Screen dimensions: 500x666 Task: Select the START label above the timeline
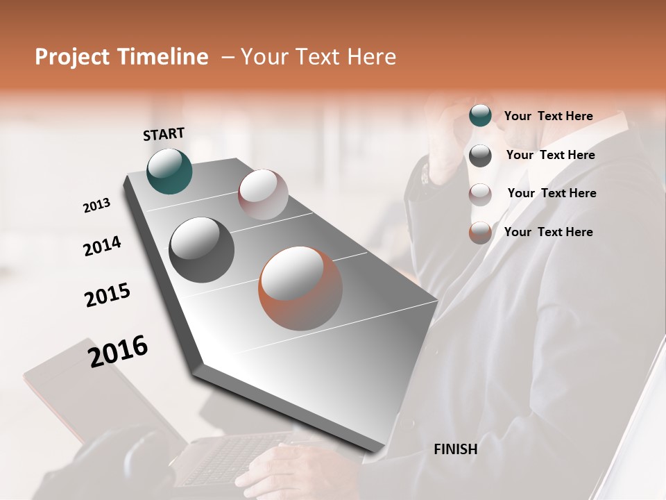point(164,134)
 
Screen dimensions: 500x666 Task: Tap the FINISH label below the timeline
point(455,449)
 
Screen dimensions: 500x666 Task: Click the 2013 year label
point(96,206)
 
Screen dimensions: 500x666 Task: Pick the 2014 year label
point(102,246)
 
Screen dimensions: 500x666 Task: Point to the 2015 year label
point(108,295)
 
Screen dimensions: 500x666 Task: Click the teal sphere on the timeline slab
point(169,171)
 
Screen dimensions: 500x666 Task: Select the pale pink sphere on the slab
point(263,194)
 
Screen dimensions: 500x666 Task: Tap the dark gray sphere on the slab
point(202,250)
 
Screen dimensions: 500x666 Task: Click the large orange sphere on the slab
point(300,289)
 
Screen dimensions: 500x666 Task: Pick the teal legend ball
point(480,116)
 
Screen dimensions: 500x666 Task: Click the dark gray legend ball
point(480,156)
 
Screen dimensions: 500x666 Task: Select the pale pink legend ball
point(480,194)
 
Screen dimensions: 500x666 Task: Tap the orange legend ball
point(480,233)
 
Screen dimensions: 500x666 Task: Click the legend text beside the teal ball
point(548,116)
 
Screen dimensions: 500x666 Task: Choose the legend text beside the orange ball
point(548,232)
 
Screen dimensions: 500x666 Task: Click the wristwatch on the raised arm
point(425,174)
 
